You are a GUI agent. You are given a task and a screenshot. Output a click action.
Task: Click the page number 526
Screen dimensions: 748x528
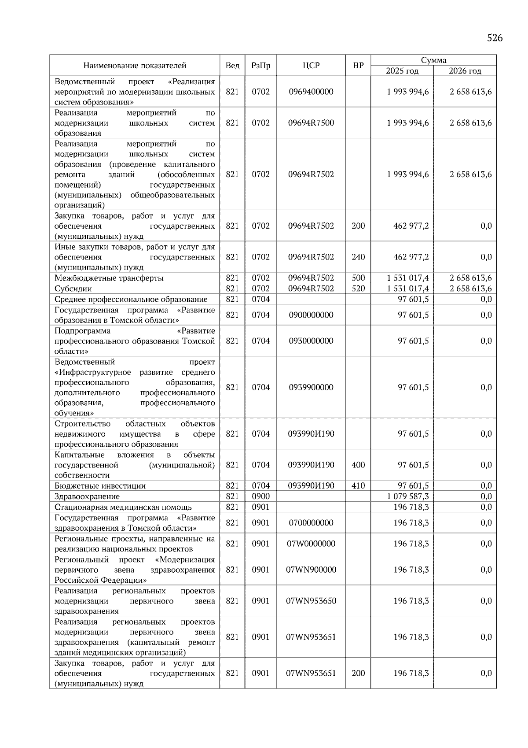[x=495, y=38]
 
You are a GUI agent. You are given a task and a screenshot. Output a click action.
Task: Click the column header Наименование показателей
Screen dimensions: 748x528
[x=135, y=66]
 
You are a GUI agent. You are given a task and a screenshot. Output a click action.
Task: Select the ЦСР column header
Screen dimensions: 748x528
[x=311, y=66]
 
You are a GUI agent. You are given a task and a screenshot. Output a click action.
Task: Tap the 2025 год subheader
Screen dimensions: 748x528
[x=402, y=71]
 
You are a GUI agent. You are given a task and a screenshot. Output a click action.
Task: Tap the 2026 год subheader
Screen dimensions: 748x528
[x=465, y=71]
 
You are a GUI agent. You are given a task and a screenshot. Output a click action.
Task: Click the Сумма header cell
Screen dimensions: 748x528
[x=433, y=60]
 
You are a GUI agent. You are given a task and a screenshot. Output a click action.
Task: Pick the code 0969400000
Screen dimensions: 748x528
[x=311, y=92]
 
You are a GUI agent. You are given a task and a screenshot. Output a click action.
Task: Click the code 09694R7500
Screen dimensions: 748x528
[x=311, y=123]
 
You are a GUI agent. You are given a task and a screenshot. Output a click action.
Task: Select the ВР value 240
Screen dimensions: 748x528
[x=358, y=257]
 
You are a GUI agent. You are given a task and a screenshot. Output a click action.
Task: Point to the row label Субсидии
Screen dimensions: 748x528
[x=73, y=289]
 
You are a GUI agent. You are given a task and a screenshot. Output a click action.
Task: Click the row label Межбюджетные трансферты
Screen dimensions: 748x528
[x=109, y=278]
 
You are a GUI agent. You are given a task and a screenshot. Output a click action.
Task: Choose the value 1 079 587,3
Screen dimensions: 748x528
[x=408, y=496]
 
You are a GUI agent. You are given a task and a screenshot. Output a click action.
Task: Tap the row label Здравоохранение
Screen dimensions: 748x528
[x=87, y=496]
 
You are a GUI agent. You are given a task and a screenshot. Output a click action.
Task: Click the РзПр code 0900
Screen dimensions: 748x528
[x=260, y=496]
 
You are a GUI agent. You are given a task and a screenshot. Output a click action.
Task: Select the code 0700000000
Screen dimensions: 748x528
[x=311, y=523]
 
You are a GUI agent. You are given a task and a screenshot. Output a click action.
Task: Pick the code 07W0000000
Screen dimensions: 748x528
[x=311, y=544]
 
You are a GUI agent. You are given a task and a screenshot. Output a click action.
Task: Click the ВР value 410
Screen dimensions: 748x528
[x=358, y=486]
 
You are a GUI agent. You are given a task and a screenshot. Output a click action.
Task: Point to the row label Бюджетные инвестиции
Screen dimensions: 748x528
[x=100, y=486]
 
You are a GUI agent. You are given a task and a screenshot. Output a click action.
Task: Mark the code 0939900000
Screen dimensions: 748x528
[x=311, y=387]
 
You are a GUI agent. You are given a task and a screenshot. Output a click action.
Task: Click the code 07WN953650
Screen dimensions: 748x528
[x=311, y=601]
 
